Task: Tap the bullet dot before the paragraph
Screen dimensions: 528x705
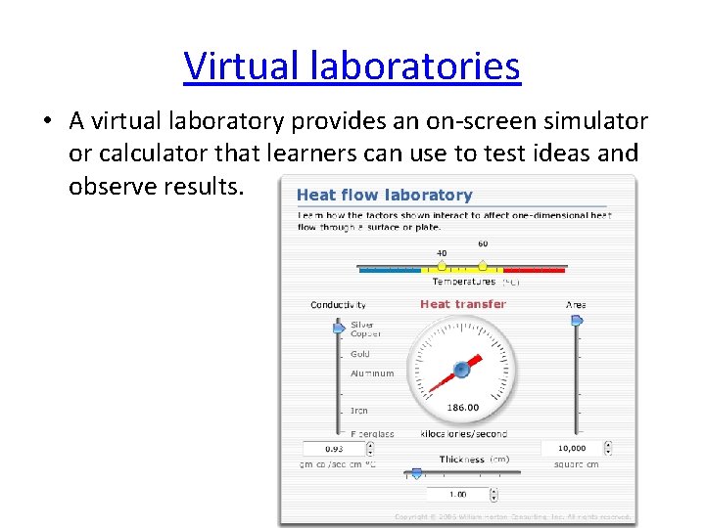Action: point(47,122)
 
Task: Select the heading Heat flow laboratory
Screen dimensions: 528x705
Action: point(384,196)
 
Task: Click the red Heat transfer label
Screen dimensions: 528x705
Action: point(463,304)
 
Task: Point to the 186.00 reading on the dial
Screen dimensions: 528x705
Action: point(463,408)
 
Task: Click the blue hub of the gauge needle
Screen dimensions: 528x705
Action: point(461,370)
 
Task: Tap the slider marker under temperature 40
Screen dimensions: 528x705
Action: point(442,265)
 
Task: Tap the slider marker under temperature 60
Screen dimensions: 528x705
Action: point(483,265)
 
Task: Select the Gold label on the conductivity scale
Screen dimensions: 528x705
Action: point(360,354)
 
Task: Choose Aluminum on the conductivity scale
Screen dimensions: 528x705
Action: point(372,374)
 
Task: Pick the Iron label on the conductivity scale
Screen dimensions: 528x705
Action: point(359,411)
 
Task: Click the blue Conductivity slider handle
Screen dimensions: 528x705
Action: point(339,328)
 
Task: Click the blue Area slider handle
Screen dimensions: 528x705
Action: point(577,320)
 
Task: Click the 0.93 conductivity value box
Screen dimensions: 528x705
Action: point(335,449)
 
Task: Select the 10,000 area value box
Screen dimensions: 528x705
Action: point(572,449)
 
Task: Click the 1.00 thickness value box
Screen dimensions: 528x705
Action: point(457,494)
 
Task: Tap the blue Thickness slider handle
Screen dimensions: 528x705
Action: point(416,473)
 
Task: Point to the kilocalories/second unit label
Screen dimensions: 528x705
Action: point(463,433)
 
